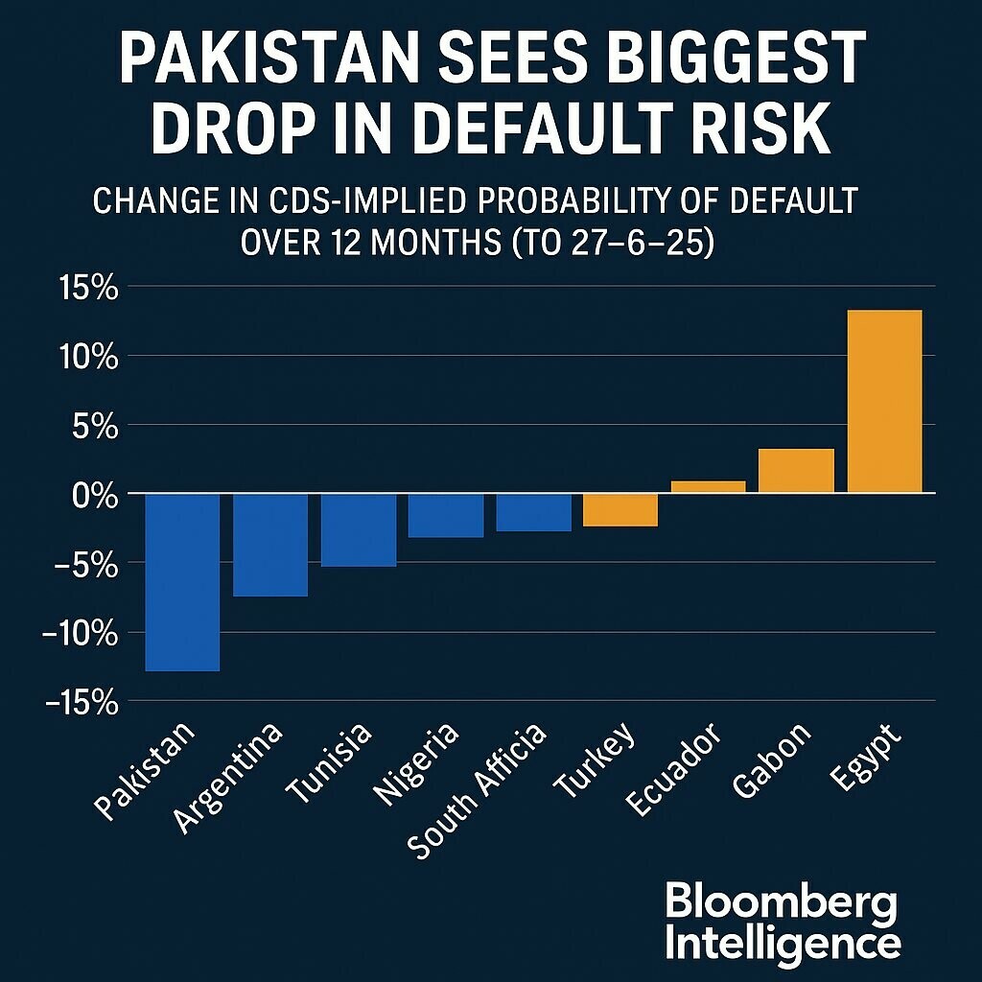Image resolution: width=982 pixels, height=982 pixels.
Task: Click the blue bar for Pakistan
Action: pyautogui.click(x=183, y=581)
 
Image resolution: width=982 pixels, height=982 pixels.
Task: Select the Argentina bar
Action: pyautogui.click(x=270, y=545)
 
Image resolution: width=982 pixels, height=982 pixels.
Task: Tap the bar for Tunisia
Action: pyautogui.click(x=359, y=529)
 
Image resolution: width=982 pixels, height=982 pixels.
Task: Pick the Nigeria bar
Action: pyautogui.click(x=446, y=515)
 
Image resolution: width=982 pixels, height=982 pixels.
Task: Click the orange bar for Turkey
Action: pyautogui.click(x=620, y=510)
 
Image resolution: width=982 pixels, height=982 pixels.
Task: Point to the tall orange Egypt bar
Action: pyautogui.click(x=884, y=401)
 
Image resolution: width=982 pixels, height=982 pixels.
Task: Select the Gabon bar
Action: pyautogui.click(x=796, y=470)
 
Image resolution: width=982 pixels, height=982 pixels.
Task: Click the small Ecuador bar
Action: pyautogui.click(x=709, y=486)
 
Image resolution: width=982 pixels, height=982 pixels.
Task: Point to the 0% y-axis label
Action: pyautogui.click(x=95, y=495)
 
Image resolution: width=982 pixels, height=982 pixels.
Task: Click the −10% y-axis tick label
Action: pyautogui.click(x=80, y=633)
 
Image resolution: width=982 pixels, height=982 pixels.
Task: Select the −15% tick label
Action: pyautogui.click(x=80, y=702)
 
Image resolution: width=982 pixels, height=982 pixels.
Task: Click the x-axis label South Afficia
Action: pyautogui.click(x=477, y=791)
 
